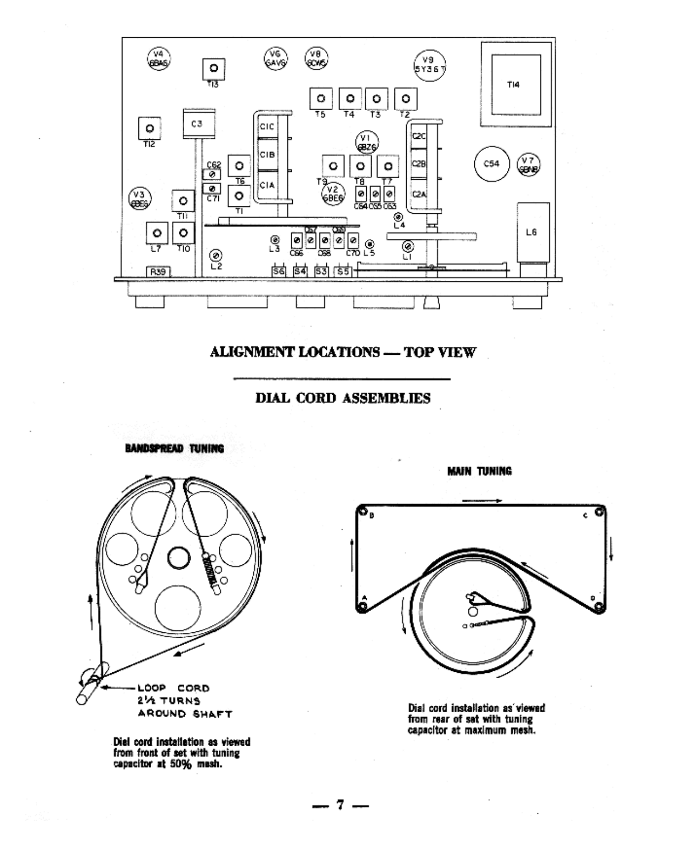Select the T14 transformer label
point(513,85)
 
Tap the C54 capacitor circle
point(491,164)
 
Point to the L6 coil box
point(532,232)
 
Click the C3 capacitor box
point(197,124)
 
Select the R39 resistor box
point(158,272)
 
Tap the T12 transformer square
point(150,129)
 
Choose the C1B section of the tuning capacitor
point(268,155)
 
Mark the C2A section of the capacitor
point(419,195)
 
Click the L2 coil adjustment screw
point(216,255)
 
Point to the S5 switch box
point(343,271)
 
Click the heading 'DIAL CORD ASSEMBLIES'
point(343,398)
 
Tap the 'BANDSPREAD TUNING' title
point(175,448)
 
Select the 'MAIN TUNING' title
point(480,471)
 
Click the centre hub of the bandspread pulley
point(179,557)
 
